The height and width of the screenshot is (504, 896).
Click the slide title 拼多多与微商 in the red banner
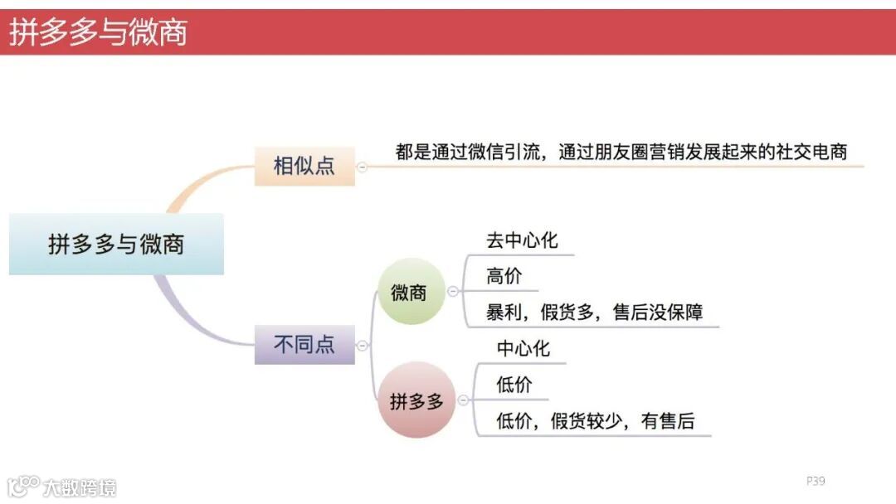pyautogui.click(x=98, y=32)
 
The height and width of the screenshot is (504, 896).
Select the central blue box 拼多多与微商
pyautogui.click(x=116, y=245)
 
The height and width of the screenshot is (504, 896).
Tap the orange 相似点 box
pyautogui.click(x=304, y=165)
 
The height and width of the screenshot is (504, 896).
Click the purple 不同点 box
pyautogui.click(x=304, y=343)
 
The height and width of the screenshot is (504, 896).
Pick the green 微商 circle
pyautogui.click(x=409, y=292)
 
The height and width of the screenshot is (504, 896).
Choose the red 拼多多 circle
pyautogui.click(x=416, y=401)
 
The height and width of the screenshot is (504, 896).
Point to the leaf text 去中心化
pyautogui.click(x=522, y=240)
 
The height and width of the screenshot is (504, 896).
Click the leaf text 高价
pyautogui.click(x=504, y=276)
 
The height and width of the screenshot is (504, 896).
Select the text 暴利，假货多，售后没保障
pyautogui.click(x=595, y=313)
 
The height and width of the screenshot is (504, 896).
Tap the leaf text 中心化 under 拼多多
pyautogui.click(x=523, y=348)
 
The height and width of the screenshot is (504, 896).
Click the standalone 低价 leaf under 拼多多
pyautogui.click(x=514, y=385)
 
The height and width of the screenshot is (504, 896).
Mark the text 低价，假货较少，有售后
pyautogui.click(x=595, y=421)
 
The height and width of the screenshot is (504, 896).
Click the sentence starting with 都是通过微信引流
pyautogui.click(x=621, y=152)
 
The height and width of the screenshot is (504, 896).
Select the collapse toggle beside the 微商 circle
pyautogui.click(x=452, y=292)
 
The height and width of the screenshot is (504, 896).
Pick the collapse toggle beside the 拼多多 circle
pyautogui.click(x=462, y=401)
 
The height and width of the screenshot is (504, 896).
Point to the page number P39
pyautogui.click(x=816, y=481)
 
